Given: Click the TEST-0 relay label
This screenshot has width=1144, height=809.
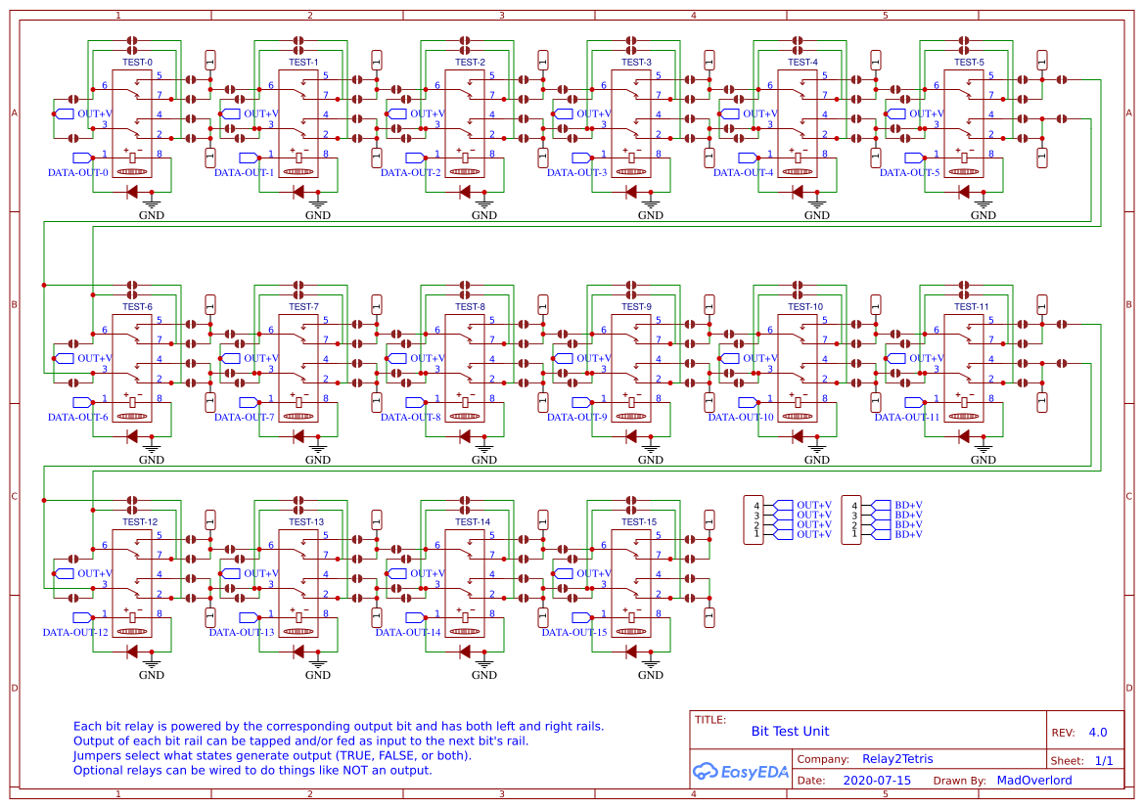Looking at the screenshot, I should [x=137, y=62].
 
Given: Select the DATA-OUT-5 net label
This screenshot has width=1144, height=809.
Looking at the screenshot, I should [x=909, y=172].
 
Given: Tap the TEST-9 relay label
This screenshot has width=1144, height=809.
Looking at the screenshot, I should [x=636, y=306].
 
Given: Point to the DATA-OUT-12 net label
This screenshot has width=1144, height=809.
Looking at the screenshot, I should [x=75, y=632].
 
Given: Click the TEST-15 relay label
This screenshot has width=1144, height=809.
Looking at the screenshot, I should [x=638, y=521].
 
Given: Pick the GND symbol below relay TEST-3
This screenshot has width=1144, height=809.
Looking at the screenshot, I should [x=651, y=211].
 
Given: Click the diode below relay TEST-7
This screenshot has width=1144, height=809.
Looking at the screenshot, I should [x=298, y=436].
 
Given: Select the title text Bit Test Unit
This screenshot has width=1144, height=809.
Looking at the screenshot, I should [x=790, y=731].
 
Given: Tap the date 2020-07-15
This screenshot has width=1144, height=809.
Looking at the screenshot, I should [x=876, y=781].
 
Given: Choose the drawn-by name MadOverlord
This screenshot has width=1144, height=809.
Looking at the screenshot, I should [x=1033, y=781].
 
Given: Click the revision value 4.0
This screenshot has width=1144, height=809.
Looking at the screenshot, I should [x=1098, y=732].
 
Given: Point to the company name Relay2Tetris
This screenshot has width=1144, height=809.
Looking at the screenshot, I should [x=898, y=759].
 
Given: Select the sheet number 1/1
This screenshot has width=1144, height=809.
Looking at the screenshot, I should [x=1103, y=760].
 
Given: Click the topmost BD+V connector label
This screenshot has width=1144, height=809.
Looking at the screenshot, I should [x=908, y=505].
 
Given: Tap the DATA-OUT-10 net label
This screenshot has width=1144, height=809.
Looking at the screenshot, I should [x=741, y=417].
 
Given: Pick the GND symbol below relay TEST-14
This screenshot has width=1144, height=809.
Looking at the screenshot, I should [x=484, y=671].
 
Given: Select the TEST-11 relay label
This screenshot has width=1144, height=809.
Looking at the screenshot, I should [x=969, y=306].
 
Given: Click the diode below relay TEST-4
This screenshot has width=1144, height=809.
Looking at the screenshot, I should [x=798, y=192].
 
